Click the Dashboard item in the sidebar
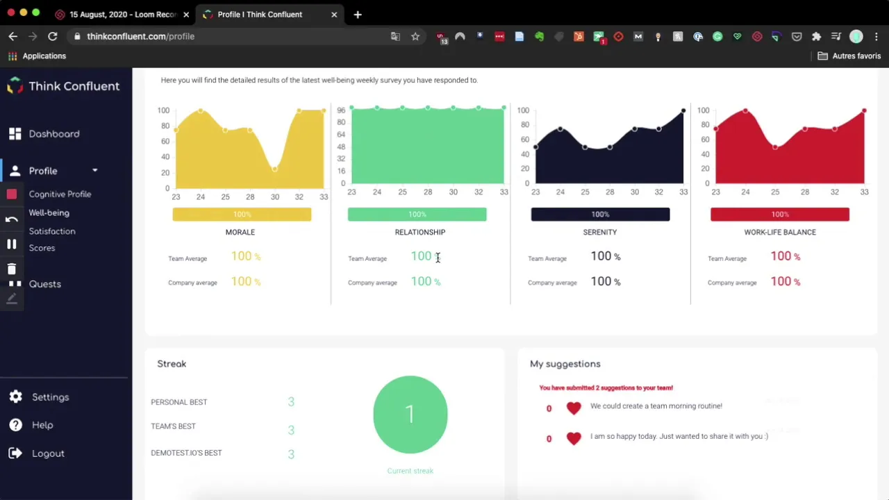coord(53,134)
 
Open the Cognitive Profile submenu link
coord(60,194)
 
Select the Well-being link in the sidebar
coord(49,212)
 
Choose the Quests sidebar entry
coord(44,284)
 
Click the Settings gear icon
coord(15,397)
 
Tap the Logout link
coord(47,453)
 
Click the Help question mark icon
coord(15,425)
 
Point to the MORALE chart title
coord(240,232)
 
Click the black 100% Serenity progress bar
coord(600,215)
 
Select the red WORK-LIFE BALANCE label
coord(779,232)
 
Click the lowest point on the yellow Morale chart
coord(275,169)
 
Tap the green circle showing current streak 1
coord(410,415)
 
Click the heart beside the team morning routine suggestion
coord(573,408)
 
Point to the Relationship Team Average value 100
coord(421,256)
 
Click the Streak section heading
coord(172,364)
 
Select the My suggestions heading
coord(565,364)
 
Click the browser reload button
coord(53,36)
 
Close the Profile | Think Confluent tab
coord(334,14)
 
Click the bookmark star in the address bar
coord(415,36)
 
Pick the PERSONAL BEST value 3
coord(291,402)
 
